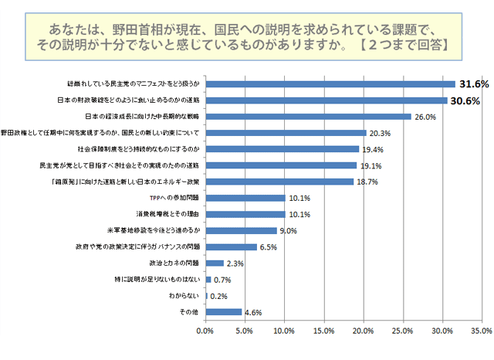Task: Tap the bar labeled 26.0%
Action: tap(308, 117)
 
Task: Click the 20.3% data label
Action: tap(379, 133)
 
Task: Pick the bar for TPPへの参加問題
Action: tap(245, 198)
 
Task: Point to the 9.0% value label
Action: tap(289, 230)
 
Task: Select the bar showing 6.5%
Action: tap(231, 247)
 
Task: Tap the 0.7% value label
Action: tap(222, 280)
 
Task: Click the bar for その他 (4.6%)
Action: tap(223, 312)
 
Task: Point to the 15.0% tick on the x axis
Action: tap(323, 331)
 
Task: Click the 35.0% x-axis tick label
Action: tap(480, 331)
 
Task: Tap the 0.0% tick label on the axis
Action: tap(205, 331)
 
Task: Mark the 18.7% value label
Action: tap(366, 182)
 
